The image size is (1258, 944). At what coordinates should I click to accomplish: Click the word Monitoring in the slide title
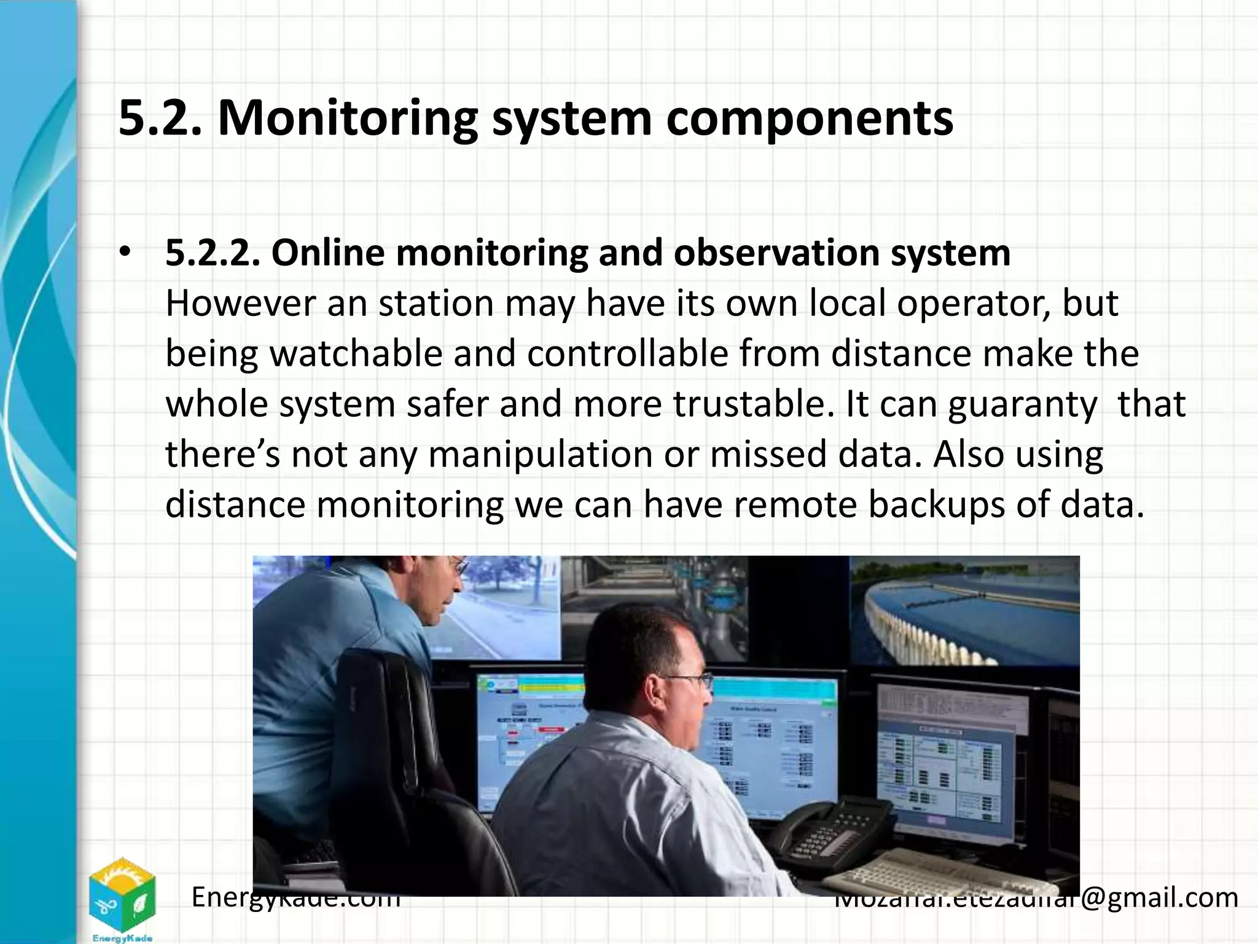[347, 118]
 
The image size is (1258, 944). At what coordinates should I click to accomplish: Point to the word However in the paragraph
[240, 303]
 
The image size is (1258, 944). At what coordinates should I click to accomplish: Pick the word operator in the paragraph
[973, 303]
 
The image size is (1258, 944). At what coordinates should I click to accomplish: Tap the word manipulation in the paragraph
[540, 455]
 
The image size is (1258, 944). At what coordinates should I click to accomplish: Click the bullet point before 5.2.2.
[126, 253]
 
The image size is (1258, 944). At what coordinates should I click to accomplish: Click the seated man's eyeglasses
[691, 680]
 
